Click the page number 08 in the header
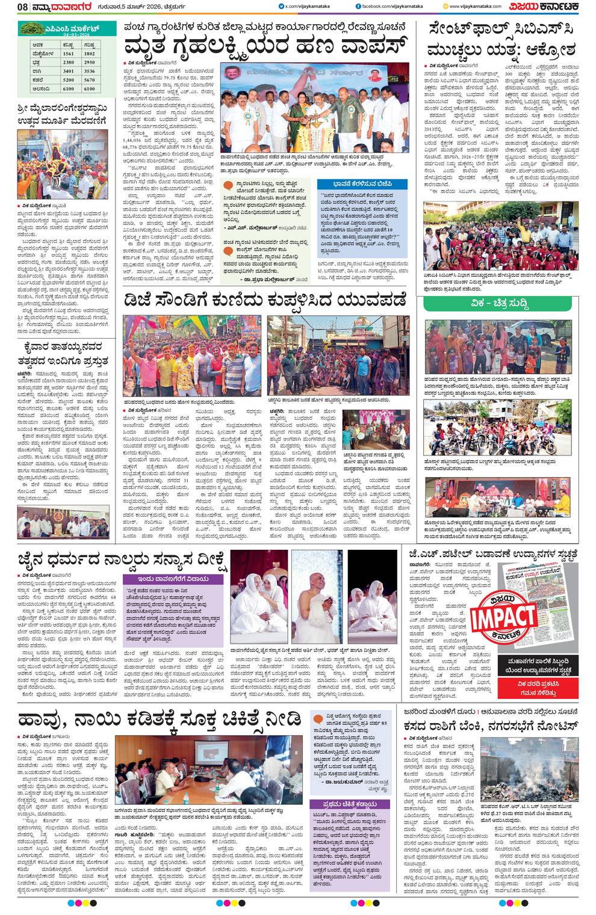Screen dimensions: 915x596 coord(22,7)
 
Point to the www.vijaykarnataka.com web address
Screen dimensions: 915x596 coord(475,7)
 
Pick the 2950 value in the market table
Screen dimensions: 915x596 coord(89,63)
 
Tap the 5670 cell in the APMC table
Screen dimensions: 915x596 coord(89,79)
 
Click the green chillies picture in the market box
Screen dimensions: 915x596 coord(36,28)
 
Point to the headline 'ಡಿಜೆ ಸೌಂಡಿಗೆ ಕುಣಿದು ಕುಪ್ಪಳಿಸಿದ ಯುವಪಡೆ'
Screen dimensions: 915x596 coord(265,300)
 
